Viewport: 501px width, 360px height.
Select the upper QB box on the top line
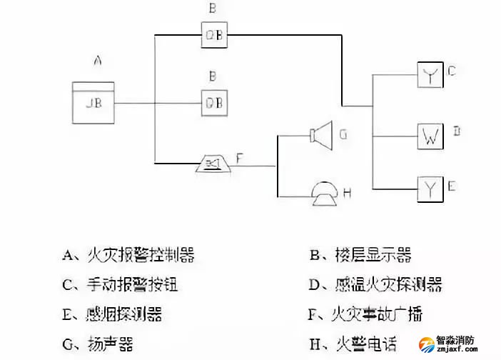click(213, 34)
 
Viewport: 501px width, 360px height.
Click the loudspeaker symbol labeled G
click(323, 134)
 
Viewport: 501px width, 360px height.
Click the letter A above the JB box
click(98, 62)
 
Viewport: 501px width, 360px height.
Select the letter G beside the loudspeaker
click(343, 134)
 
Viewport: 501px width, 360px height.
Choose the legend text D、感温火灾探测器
click(375, 284)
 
